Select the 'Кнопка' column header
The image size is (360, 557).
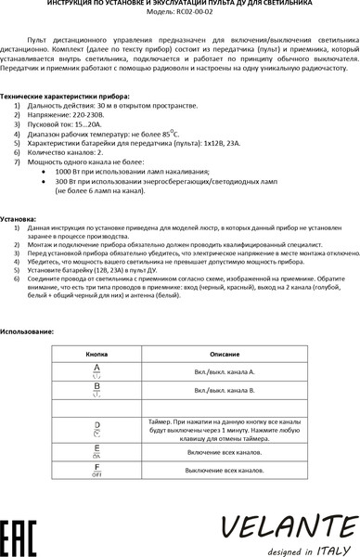click(x=97, y=355)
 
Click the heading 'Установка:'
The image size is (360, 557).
click(x=19, y=218)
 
